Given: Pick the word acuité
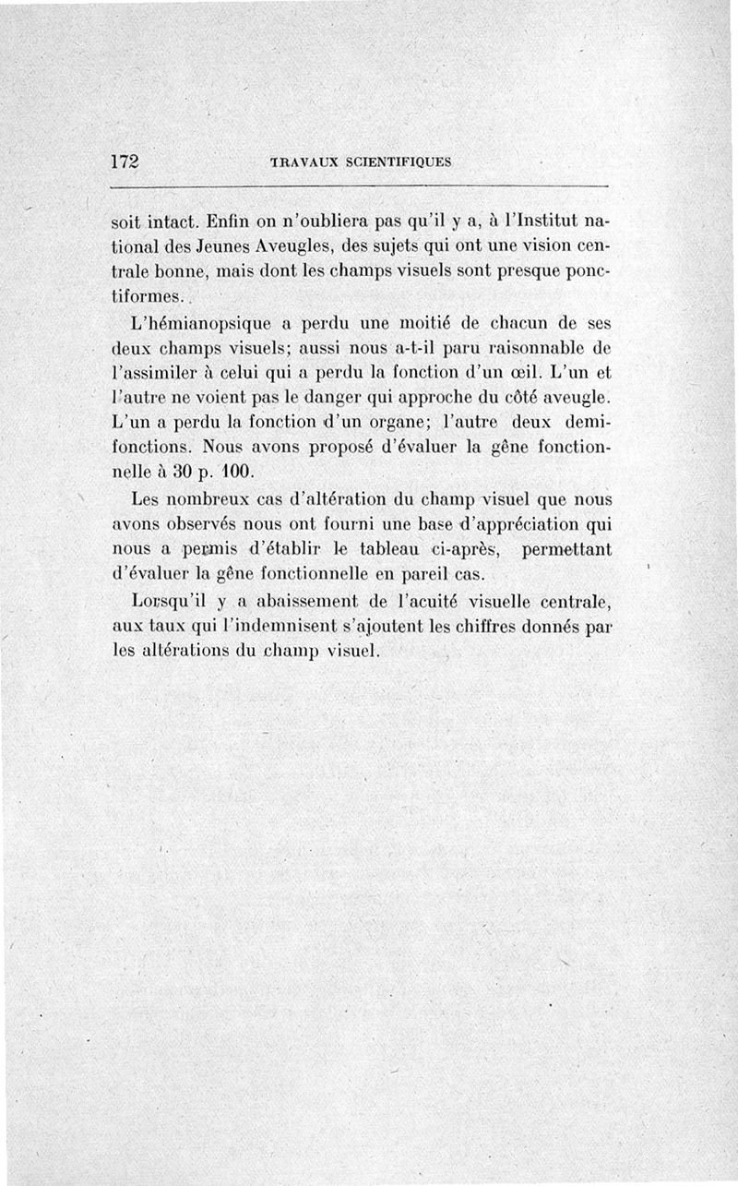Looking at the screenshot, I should point(444,602).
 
